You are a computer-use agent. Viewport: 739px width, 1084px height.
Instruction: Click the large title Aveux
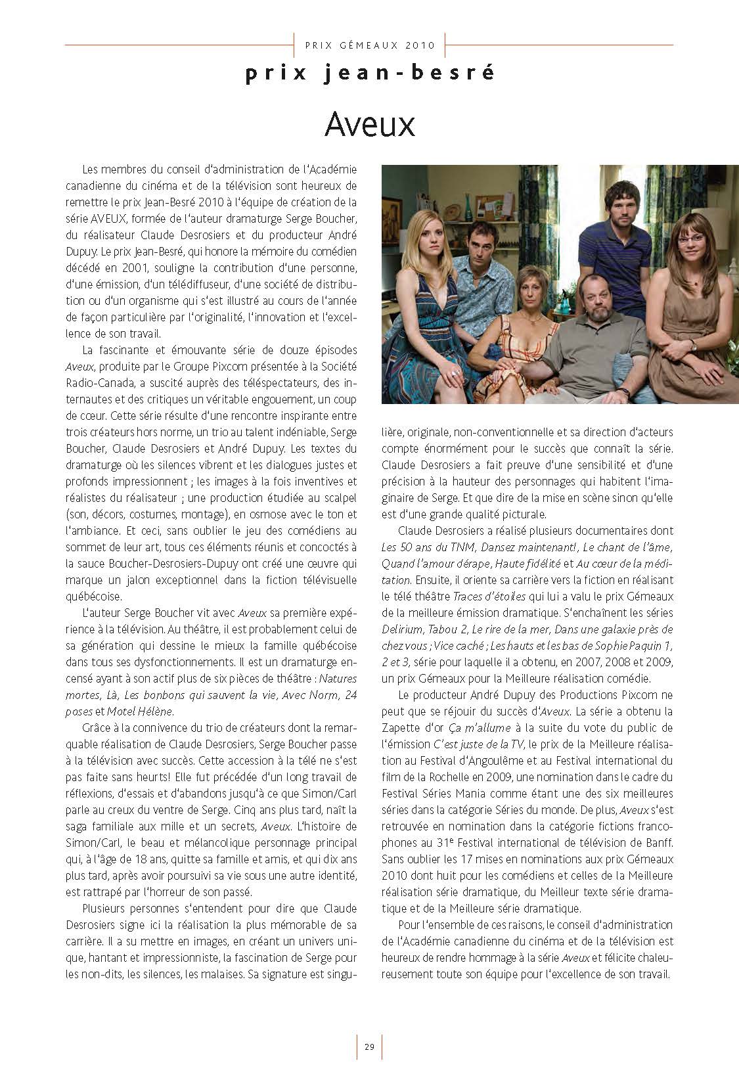(370, 124)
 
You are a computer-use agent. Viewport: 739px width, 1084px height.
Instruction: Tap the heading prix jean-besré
(370, 73)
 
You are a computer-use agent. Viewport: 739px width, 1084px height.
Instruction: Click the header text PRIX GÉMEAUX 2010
(370, 45)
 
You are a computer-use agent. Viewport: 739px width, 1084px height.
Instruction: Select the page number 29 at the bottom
(369, 1047)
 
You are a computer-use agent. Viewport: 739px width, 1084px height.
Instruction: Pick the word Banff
(654, 843)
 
